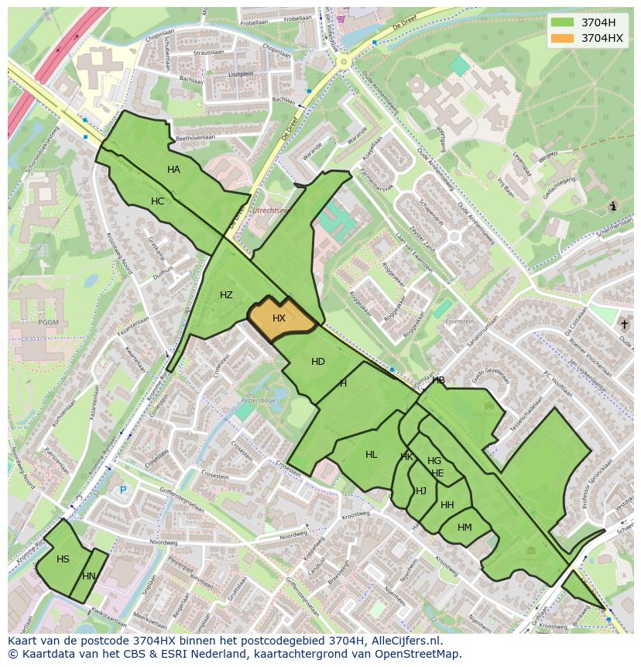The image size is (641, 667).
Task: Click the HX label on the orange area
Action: [279, 318]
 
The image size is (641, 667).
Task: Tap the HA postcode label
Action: [173, 170]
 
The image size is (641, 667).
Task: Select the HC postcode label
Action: [157, 201]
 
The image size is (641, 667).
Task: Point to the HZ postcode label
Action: [226, 295]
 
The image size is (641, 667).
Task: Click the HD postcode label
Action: [317, 362]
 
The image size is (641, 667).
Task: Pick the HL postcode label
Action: [372, 455]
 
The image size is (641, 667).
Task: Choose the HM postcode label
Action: [464, 528]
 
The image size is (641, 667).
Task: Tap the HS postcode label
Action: [63, 559]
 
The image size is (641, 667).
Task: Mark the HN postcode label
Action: [88, 576]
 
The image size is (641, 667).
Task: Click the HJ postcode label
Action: [421, 491]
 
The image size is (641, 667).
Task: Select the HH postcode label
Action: [447, 505]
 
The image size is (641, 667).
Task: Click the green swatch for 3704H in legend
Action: [562, 22]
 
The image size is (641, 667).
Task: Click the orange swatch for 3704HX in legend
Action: [562, 37]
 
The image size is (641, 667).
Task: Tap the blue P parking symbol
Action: [122, 490]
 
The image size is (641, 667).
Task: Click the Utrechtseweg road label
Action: [275, 211]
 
